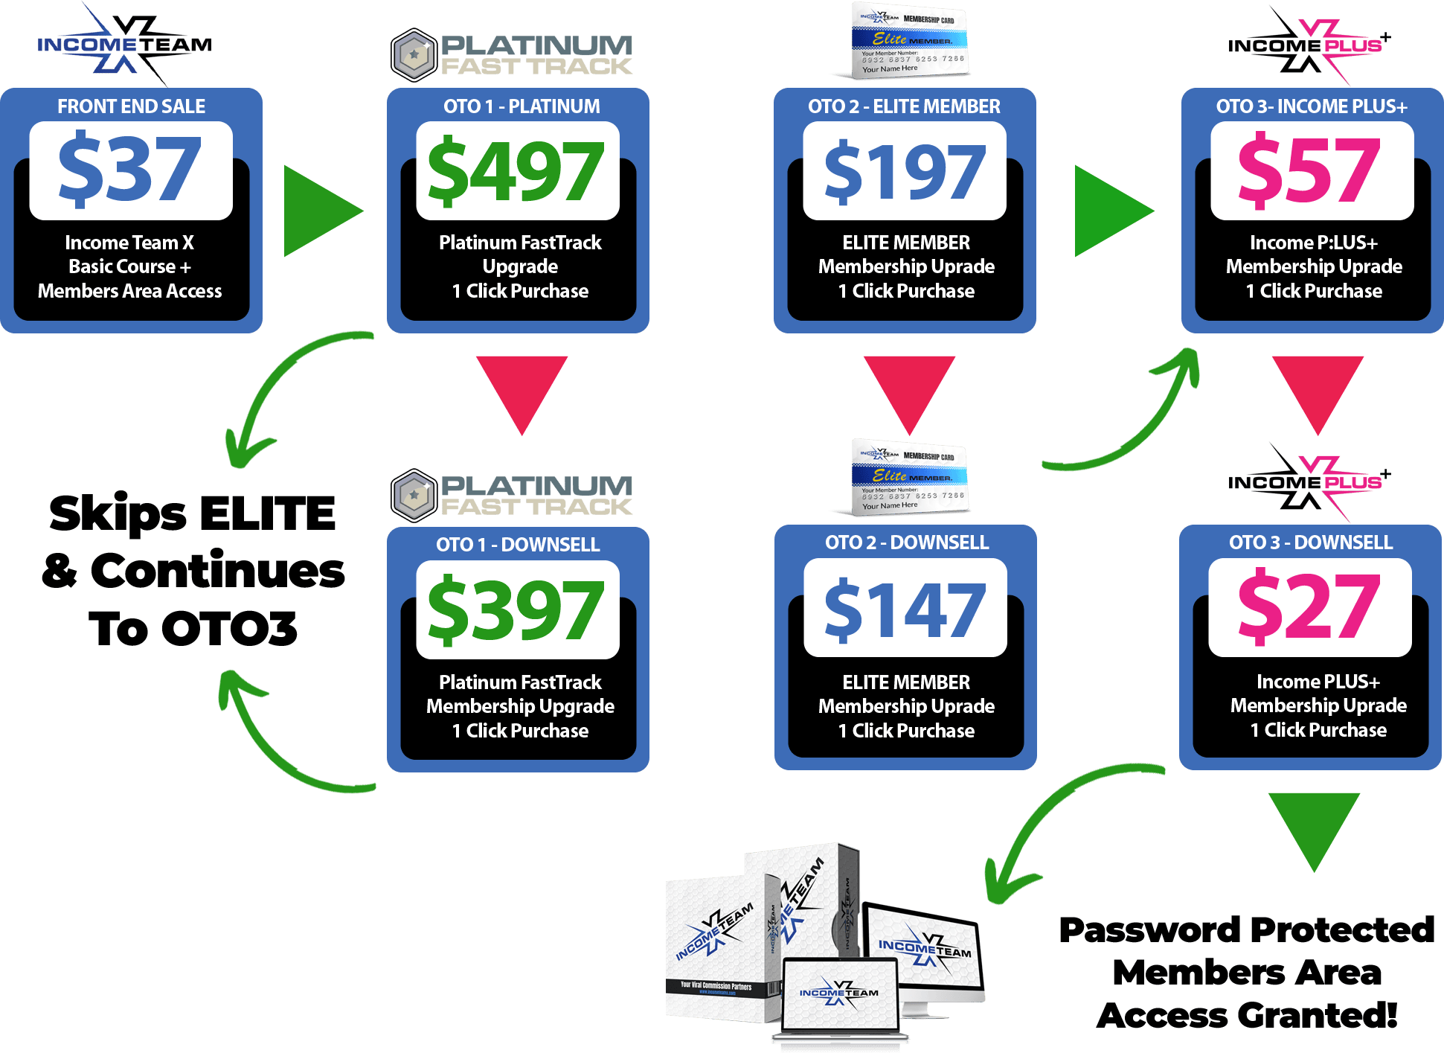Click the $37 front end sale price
(130, 170)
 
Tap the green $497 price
(517, 171)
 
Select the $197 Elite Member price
(905, 171)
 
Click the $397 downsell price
(517, 610)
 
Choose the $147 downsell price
(905, 609)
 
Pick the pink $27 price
(1309, 607)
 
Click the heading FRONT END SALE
(132, 106)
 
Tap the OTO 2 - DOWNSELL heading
(906, 542)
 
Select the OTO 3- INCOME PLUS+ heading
(1312, 106)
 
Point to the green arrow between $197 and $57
(1109, 211)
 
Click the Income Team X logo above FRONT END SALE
(125, 45)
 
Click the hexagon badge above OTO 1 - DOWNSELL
(414, 495)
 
